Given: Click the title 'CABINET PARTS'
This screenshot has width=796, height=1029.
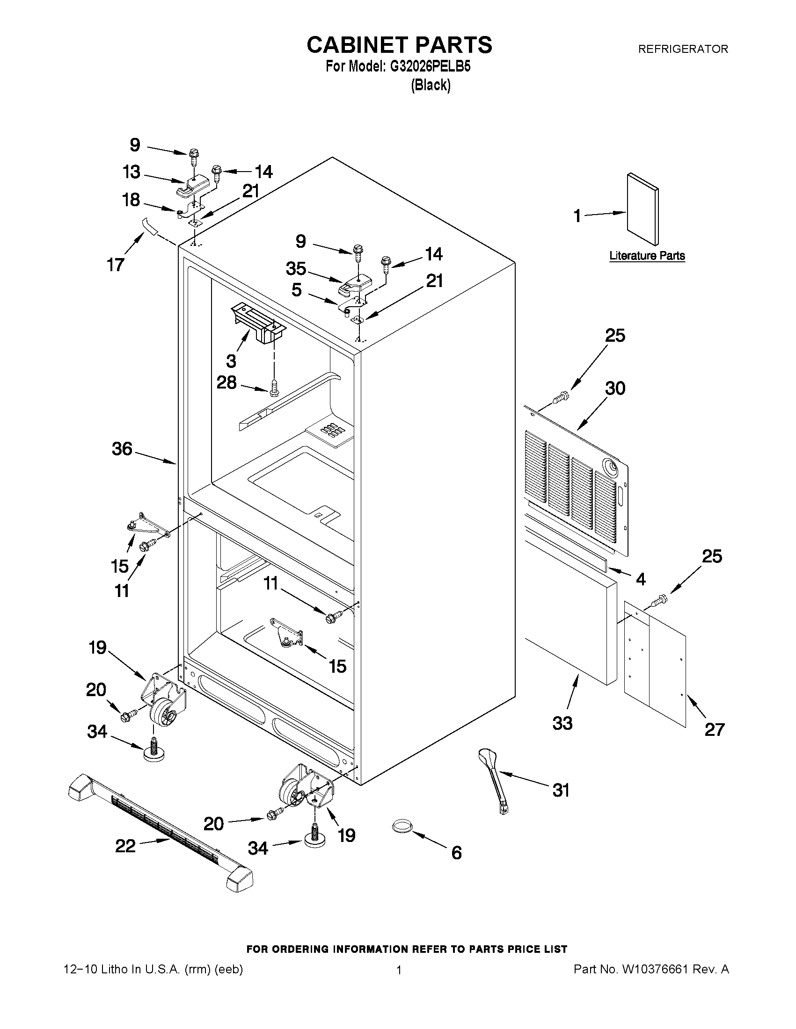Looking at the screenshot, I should pos(399,45).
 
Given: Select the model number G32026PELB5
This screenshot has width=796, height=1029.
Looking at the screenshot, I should pos(430,67).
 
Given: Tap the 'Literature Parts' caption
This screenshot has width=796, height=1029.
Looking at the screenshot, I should pos(647,256).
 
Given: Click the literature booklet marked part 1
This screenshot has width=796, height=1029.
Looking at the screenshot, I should pos(642,209).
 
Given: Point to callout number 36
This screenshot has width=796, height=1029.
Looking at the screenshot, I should pos(122,449).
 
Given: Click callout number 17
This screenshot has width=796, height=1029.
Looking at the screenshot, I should pos(116,265).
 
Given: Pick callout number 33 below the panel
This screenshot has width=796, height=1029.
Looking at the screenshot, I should pos(562,723).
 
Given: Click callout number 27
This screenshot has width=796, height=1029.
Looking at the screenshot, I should pos(714,729).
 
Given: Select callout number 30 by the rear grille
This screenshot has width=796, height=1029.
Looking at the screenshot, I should pos(615,389).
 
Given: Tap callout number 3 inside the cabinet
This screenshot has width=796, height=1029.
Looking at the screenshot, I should pos(231,361).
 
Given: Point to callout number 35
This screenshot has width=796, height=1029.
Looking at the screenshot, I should pos(296,268).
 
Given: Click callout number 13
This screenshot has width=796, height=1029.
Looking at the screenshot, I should pos(131,172).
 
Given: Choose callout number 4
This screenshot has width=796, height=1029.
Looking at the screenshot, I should pos(640,579).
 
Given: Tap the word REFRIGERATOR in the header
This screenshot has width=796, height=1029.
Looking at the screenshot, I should pos(683,49).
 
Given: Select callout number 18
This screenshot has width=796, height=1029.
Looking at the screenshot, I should pos(131,200).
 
